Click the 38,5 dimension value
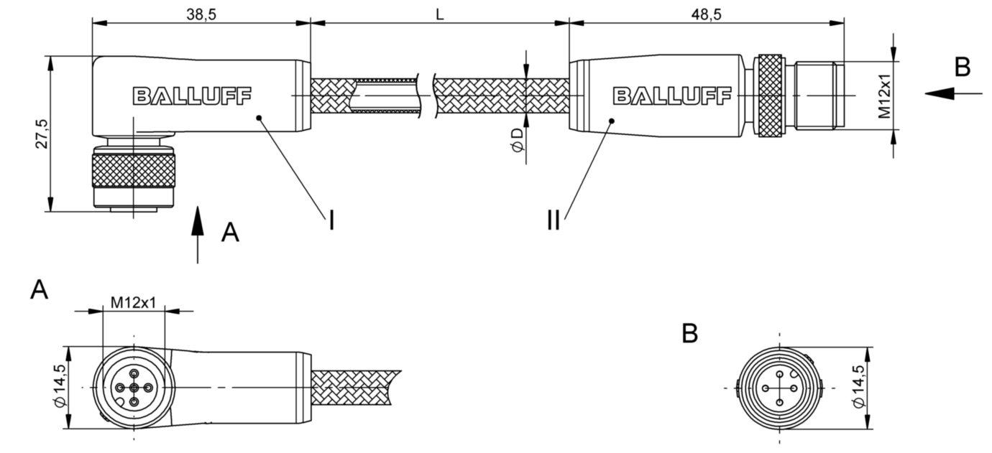click(x=201, y=14)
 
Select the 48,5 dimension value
click(x=706, y=14)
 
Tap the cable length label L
click(x=439, y=13)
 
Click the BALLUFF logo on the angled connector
click(x=192, y=95)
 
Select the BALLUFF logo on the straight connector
click(x=671, y=95)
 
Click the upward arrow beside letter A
click(x=197, y=233)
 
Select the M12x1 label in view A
click(x=134, y=302)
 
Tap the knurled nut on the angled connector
click(x=134, y=170)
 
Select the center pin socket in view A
click(x=134, y=388)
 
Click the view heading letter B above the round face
click(x=689, y=334)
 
